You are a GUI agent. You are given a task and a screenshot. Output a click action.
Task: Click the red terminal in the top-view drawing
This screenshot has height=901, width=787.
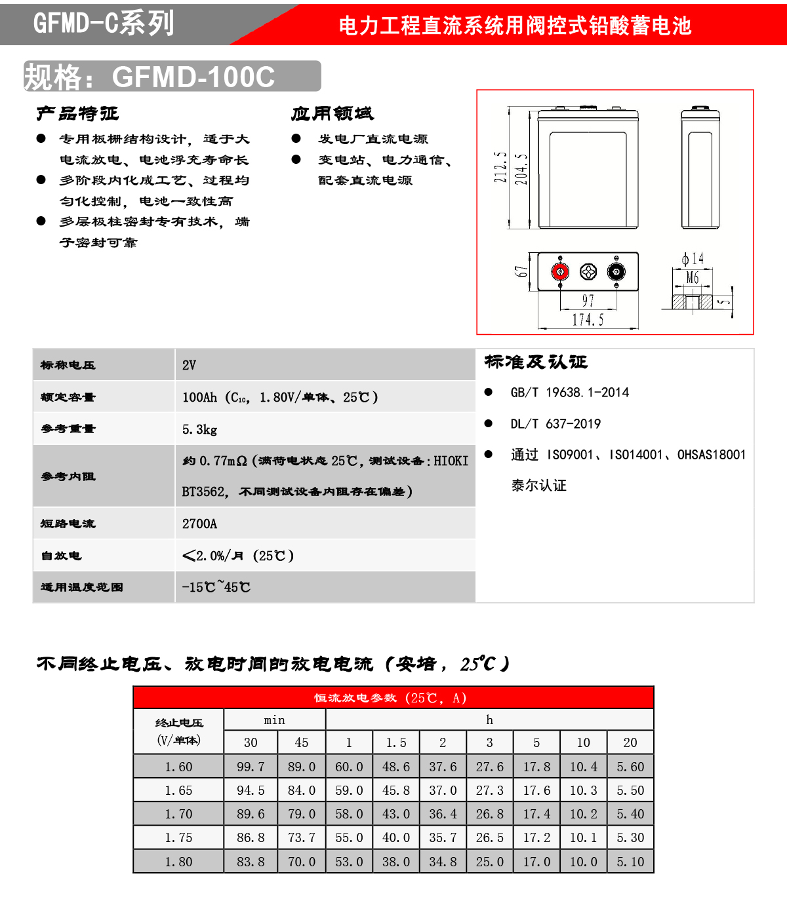point(560,271)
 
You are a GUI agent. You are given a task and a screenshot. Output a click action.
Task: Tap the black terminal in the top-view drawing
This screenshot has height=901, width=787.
point(616,271)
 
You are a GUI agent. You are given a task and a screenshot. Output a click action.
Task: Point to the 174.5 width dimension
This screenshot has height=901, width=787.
point(588,320)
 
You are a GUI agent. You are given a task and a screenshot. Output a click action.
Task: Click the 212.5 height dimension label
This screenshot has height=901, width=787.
point(500,167)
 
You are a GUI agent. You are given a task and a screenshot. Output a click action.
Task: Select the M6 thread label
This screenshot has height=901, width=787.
point(693,278)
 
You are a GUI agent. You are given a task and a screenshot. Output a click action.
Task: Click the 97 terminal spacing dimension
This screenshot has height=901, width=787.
point(588,301)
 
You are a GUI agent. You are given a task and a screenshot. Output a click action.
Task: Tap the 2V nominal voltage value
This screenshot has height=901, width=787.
point(189,365)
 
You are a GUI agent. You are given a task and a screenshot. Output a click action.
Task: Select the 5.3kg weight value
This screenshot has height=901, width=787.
point(199,429)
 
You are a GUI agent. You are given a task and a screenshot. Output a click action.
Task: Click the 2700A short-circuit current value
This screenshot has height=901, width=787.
point(199,524)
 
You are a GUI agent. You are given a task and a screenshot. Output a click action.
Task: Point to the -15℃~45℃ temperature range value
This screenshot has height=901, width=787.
point(216,587)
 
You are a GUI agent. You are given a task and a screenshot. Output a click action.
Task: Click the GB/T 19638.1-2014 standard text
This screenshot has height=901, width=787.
point(569,393)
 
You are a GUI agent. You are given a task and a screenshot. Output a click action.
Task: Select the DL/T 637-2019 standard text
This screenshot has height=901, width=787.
point(555,424)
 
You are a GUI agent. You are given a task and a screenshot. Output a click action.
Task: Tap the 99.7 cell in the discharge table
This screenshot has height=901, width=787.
point(251,767)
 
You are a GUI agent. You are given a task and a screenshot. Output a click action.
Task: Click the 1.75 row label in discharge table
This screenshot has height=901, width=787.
point(178,837)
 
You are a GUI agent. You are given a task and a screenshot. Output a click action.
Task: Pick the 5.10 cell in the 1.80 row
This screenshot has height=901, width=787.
point(630,862)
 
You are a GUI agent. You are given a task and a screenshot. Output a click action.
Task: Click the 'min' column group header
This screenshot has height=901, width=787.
point(275,720)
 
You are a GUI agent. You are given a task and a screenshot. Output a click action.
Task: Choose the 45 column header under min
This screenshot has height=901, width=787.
point(302,742)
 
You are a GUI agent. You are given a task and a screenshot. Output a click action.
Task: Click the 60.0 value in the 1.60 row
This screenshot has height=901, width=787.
point(349,767)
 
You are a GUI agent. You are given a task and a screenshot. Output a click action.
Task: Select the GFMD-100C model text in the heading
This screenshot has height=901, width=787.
point(193,77)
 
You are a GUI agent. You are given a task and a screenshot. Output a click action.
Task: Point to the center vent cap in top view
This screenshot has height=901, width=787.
point(588,271)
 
